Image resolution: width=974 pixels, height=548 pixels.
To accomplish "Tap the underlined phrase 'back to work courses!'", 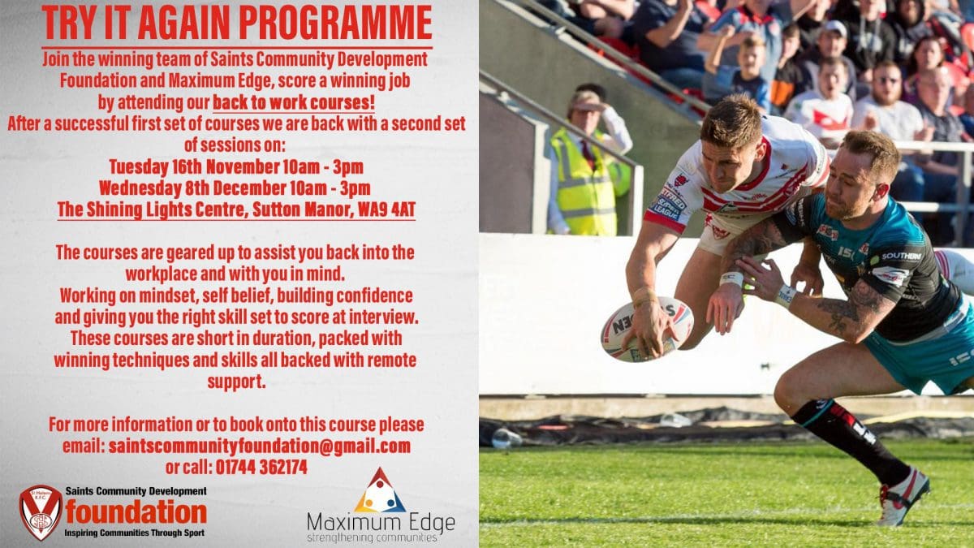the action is point(294,102).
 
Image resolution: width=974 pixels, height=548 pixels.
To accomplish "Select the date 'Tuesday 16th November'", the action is point(194,167).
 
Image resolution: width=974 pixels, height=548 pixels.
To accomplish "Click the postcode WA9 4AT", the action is point(386,210).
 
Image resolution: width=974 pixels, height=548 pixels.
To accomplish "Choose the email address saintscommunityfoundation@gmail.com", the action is point(259,447).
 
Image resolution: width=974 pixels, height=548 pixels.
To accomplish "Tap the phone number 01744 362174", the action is point(261,468).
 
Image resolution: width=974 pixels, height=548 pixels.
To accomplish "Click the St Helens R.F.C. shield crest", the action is point(41,511).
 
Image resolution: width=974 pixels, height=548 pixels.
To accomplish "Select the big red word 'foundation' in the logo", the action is point(136,512).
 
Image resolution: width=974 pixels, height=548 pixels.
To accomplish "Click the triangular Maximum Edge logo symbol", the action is point(380,491).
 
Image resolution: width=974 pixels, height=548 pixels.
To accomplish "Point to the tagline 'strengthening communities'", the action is point(372,538).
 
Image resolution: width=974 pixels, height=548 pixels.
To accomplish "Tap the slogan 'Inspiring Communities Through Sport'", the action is point(135,533).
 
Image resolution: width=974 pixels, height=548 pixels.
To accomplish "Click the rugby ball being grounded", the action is point(647,330).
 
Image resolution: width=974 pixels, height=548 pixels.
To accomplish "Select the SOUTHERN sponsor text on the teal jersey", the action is point(902,257).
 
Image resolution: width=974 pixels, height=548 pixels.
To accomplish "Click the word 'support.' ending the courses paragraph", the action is point(236,382).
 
